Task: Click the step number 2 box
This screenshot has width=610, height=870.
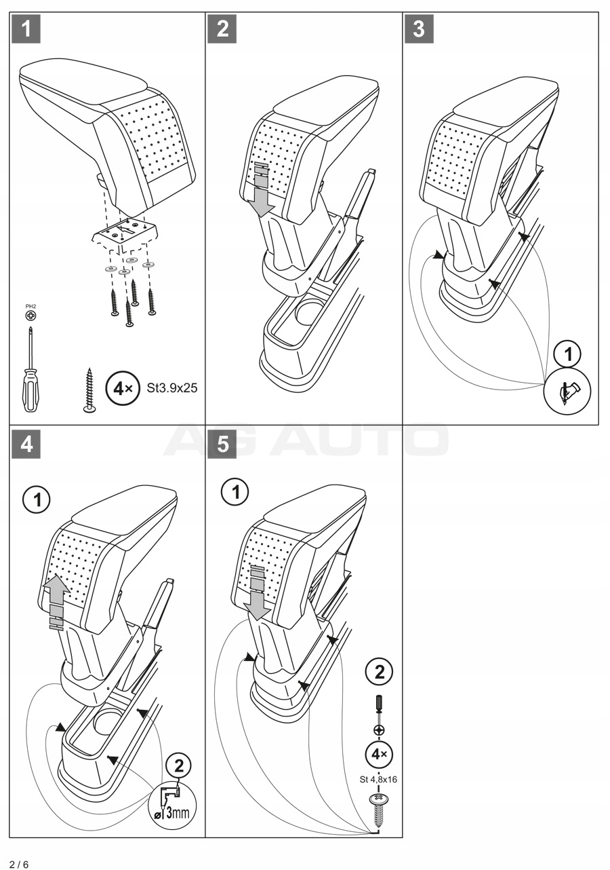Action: [222, 30]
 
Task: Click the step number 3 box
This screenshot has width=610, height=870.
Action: [419, 30]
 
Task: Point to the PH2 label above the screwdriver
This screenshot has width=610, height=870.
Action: [30, 307]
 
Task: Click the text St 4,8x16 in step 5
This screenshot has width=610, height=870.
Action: [378, 779]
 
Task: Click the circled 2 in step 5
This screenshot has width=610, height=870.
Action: [379, 672]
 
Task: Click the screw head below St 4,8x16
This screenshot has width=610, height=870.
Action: [378, 802]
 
